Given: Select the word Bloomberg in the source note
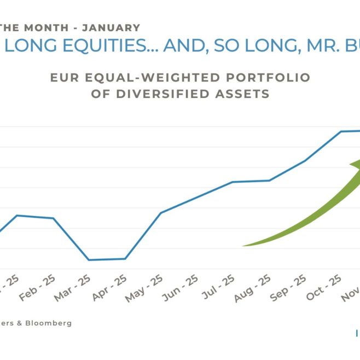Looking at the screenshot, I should coord(51,323).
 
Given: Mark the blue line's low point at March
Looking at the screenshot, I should coord(89,260).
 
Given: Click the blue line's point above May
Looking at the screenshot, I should coord(160,213).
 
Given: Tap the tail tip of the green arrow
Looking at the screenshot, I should coord(243,246).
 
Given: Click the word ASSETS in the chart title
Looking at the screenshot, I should coord(244,94).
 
